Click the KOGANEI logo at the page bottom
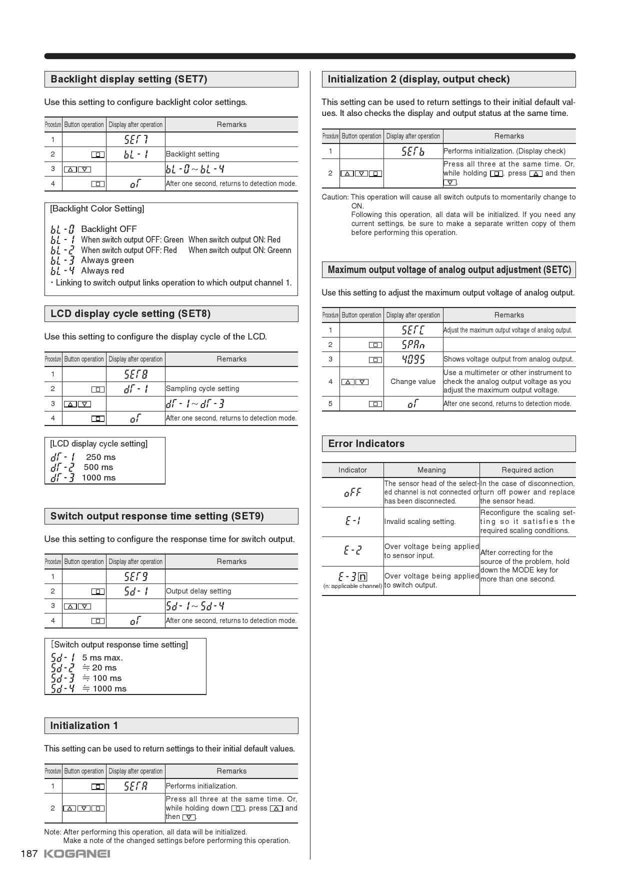coord(77,854)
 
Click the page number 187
coord(29,854)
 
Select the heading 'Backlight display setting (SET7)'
coord(129,79)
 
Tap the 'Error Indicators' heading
coord(366,443)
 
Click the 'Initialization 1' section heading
coord(84,725)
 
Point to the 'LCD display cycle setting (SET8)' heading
coord(130,313)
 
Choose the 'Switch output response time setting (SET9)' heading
coord(157,516)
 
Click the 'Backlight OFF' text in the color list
coord(108,229)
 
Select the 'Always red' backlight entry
coord(102,270)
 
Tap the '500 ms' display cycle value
coord(98,467)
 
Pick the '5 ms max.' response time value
coord(102,657)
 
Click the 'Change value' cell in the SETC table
coord(413,381)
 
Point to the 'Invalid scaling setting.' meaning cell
coord(420,521)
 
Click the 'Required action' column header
coord(527,470)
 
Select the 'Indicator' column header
coord(352,470)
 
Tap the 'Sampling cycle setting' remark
coord(202,388)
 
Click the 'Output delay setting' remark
coord(198,591)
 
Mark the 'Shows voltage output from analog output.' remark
coord(508,359)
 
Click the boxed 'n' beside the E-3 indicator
coord(362,576)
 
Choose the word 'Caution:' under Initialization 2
coord(335,197)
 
